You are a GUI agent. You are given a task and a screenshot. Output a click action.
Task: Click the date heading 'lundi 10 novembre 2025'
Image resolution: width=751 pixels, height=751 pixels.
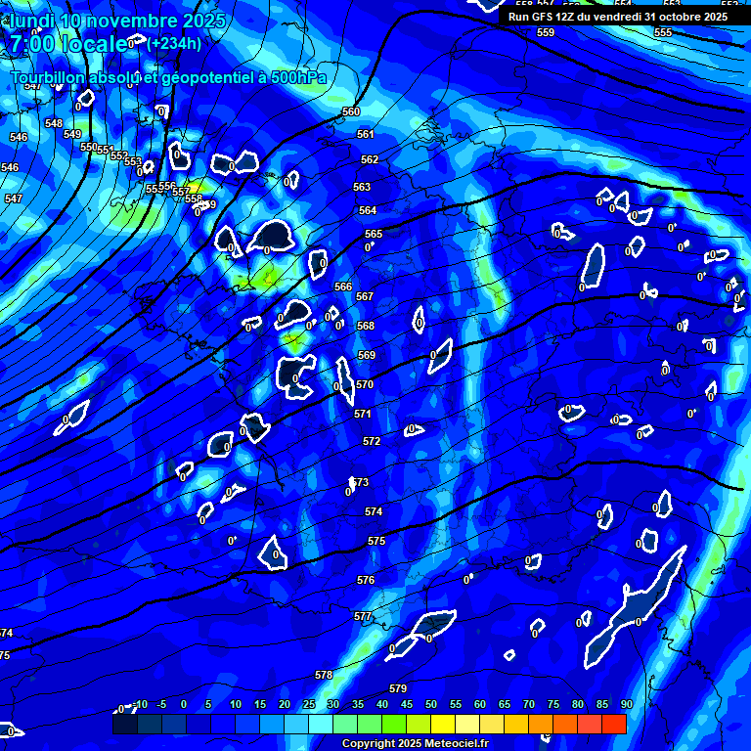pos(117,21)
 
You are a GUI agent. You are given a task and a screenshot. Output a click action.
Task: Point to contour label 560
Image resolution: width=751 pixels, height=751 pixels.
pos(351,112)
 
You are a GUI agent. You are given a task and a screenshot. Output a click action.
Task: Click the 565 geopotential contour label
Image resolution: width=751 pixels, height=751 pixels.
pos(374,234)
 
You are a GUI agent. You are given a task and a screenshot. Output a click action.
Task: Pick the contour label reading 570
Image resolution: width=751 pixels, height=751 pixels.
pos(365,384)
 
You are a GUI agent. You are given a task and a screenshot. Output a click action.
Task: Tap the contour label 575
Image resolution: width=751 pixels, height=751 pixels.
pos(376,541)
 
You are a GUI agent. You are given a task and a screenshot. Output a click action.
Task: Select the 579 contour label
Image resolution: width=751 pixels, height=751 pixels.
pos(398,688)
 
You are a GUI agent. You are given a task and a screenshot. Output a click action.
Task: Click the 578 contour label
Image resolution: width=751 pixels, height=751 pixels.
pos(324,675)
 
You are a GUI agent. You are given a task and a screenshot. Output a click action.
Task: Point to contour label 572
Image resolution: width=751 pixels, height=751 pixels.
pos(372,441)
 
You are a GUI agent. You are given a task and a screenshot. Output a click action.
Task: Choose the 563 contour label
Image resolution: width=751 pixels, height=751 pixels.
pos(362,187)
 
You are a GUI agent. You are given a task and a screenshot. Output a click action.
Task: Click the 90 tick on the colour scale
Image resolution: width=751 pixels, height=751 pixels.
pos(626,704)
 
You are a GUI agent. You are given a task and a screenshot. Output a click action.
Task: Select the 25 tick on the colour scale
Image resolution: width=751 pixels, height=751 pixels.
pos(308,704)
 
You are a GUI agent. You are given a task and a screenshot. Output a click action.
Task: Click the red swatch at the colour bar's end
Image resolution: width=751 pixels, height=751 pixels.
pos(613,724)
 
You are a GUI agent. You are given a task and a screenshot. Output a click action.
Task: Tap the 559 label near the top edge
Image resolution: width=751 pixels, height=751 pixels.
pos(546,32)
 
